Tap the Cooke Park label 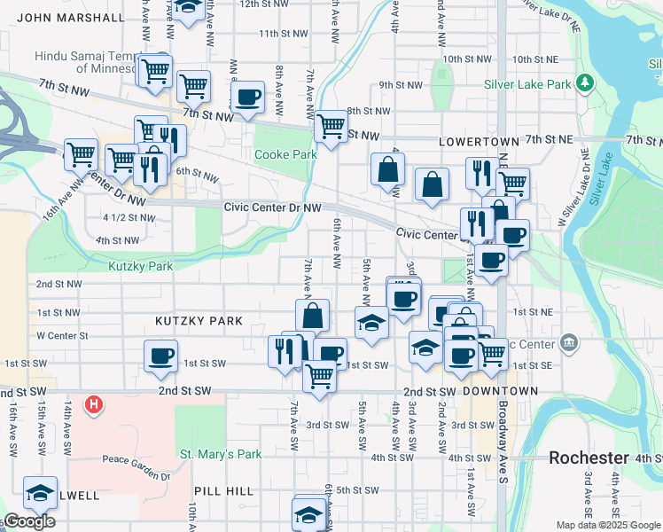point(285,154)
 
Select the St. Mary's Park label point(221,455)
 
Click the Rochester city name point(589,458)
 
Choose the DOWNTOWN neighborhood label point(500,391)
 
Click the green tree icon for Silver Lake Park point(584,83)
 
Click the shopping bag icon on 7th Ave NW point(313,315)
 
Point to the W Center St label point(62,336)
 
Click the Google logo point(29,521)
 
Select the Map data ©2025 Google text point(607,525)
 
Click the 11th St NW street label point(283,34)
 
